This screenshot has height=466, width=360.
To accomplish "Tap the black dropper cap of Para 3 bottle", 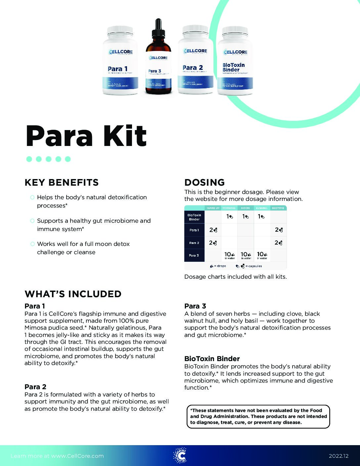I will click(158, 28).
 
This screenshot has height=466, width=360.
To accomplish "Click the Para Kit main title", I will click(86, 136).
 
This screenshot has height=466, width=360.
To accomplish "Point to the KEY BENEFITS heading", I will click(62, 182).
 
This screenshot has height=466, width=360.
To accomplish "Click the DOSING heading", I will click(204, 182).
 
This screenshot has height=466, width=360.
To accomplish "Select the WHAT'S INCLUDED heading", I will click(73, 294).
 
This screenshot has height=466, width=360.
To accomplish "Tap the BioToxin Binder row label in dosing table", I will click(194, 217).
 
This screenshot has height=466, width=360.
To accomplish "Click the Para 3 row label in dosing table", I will click(194, 255).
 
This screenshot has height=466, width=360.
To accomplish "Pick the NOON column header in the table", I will click(246, 208).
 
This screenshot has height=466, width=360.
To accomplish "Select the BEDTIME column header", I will click(278, 208).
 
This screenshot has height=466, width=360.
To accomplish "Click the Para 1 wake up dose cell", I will click(213, 230).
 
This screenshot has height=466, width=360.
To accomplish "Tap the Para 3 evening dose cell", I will click(262, 255).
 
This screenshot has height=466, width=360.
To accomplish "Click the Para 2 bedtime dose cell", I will click(278, 243).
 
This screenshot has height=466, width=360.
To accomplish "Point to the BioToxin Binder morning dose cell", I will click(229, 217).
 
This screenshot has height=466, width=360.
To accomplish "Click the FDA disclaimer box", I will click(258, 416).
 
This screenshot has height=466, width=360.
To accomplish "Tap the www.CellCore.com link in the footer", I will click(77, 456).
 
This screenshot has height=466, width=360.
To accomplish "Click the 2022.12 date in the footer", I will click(338, 456).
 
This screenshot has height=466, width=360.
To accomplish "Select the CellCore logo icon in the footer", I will click(180, 455).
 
